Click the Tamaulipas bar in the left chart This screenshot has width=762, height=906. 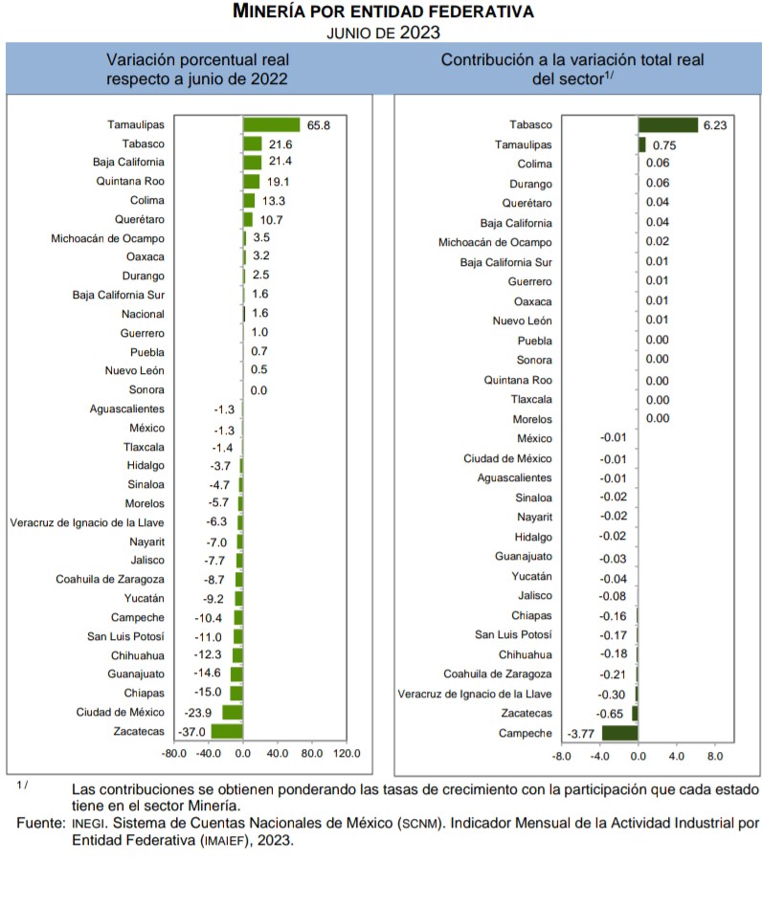point(272,124)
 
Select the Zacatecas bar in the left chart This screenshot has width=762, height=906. point(227,731)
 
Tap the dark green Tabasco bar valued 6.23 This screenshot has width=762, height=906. point(667,124)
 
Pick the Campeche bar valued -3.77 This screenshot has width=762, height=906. point(619,733)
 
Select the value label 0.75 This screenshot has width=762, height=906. point(664,144)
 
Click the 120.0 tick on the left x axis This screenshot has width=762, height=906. point(346,754)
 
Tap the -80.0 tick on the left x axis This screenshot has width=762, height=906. point(174,754)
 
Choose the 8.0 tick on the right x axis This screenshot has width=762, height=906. point(714,756)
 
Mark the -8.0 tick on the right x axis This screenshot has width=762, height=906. point(562,756)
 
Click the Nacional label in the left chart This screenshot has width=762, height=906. point(143,314)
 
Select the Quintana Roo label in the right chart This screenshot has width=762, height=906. point(521,380)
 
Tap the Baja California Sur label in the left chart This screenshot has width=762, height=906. point(119,295)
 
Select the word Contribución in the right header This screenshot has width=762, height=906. point(495,59)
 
